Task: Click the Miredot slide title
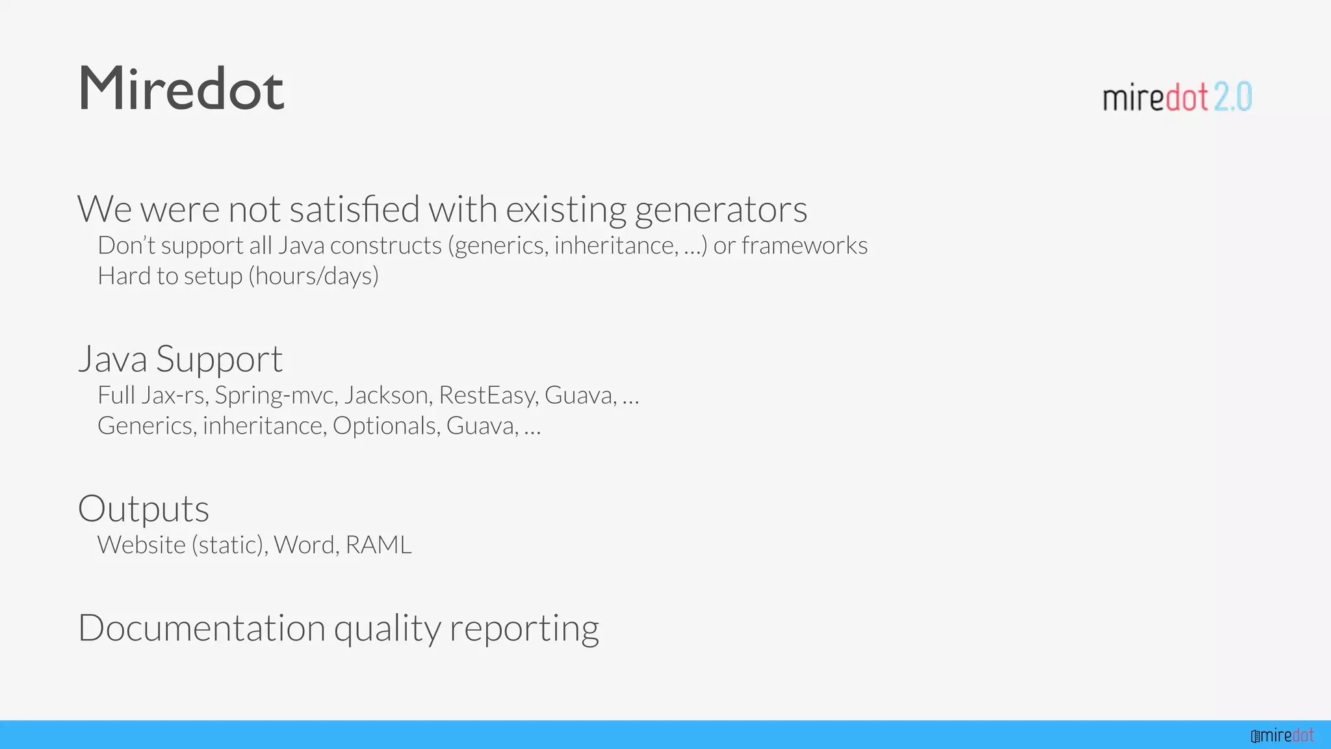tap(181, 89)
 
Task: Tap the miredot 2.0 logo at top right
tap(1177, 98)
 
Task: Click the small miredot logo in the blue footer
tap(1282, 735)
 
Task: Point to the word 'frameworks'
tap(804, 246)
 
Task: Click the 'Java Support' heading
tap(181, 360)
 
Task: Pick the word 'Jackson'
tap(386, 395)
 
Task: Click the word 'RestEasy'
tap(488, 395)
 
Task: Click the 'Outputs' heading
tap(144, 509)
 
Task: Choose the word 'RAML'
tap(378, 545)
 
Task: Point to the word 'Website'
tap(141, 545)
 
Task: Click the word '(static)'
tap(229, 545)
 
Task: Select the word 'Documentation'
tap(201, 628)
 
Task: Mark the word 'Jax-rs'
tap(175, 395)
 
